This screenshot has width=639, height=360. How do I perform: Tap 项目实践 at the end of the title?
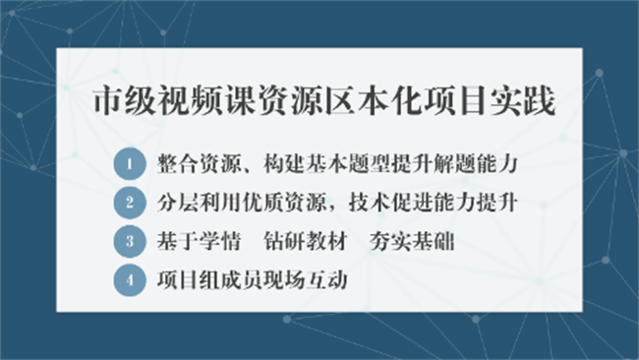[x=497, y=101]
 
